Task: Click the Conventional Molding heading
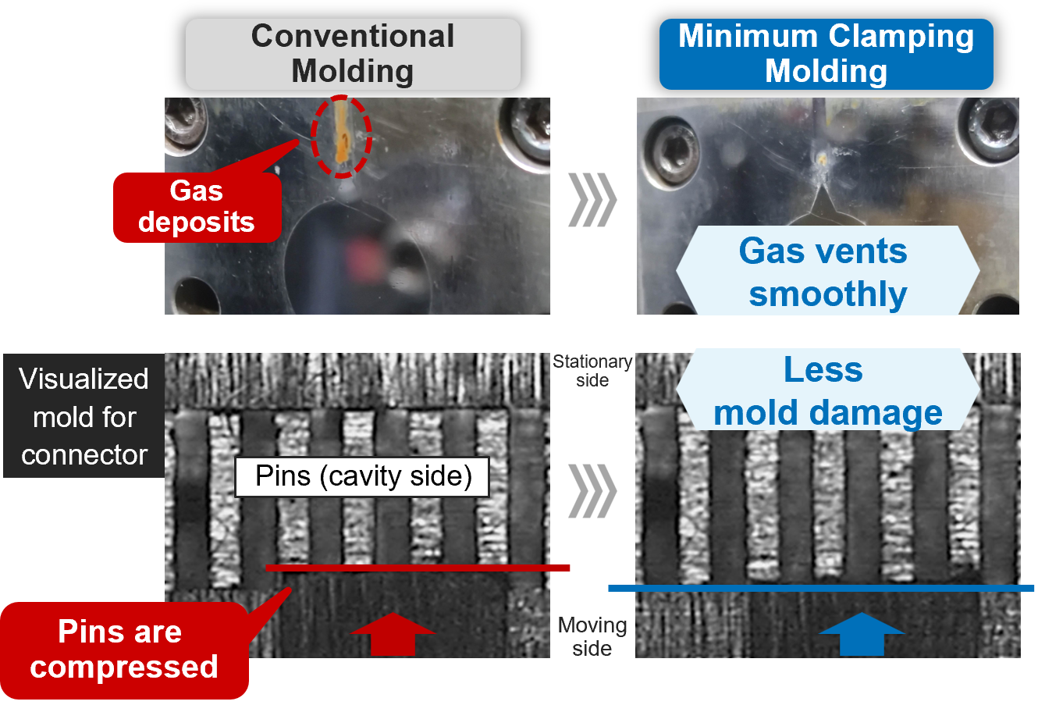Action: click(353, 54)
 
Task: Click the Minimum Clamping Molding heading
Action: click(826, 54)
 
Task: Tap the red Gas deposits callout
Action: click(197, 207)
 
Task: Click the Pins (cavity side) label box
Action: click(363, 476)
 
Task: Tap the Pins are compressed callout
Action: click(123, 650)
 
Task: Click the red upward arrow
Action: click(393, 633)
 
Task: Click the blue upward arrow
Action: click(862, 633)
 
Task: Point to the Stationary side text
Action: click(592, 371)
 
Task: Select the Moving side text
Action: click(592, 636)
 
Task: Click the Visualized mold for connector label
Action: click(84, 416)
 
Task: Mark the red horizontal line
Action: click(418, 568)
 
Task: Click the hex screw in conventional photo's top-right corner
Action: click(524, 128)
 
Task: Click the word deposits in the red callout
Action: click(197, 222)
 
